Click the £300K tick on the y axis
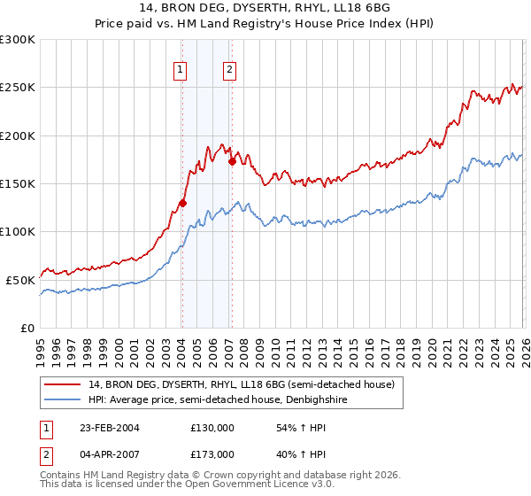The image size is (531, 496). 18,40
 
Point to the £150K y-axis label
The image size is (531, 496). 18,183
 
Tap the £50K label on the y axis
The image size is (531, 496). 20,279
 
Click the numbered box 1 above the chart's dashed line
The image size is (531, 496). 181,70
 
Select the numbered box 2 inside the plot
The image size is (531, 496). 229,70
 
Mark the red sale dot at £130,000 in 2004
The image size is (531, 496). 182,203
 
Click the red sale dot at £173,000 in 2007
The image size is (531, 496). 231,161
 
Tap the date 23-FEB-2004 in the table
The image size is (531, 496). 108,427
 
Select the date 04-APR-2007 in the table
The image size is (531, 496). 108,453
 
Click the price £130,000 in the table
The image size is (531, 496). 212,427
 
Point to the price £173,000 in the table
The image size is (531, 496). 212,453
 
